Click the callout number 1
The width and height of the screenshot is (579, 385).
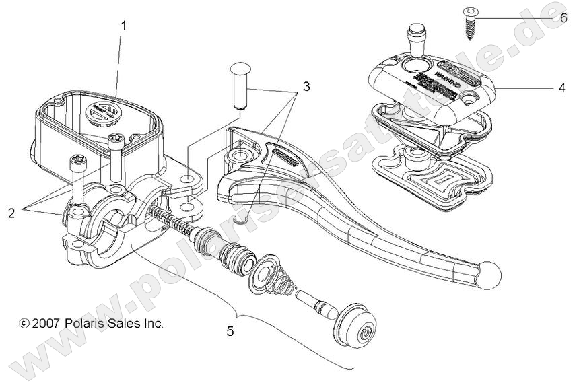[x=124, y=25]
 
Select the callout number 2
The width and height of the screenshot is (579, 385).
[x=11, y=213]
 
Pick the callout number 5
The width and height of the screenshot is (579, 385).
[x=232, y=330]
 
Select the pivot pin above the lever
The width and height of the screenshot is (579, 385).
[x=239, y=83]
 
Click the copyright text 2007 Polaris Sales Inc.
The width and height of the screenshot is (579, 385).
[x=92, y=324]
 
